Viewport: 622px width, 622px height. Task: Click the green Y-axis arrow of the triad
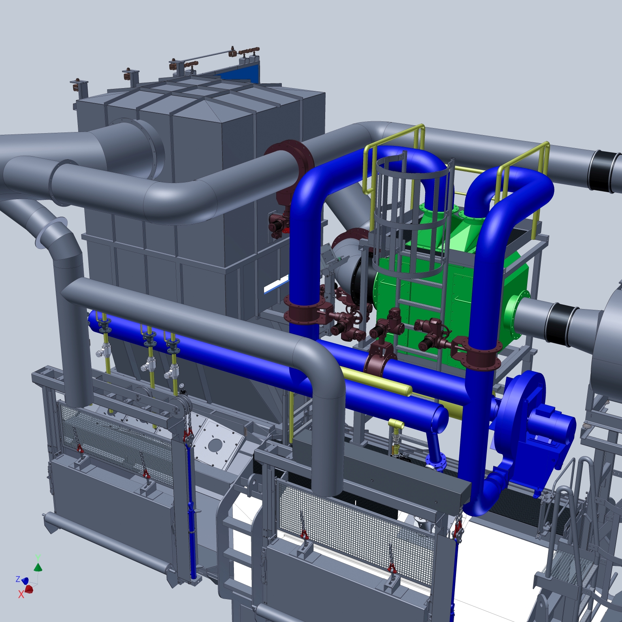pyautogui.click(x=38, y=567)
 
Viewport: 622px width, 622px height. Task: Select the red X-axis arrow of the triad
pyautogui.click(x=29, y=589)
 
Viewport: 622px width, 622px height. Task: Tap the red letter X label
pyautogui.click(x=21, y=594)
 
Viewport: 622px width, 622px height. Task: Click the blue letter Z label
pyautogui.click(x=18, y=579)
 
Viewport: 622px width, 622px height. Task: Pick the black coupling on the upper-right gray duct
pyautogui.click(x=601, y=171)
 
